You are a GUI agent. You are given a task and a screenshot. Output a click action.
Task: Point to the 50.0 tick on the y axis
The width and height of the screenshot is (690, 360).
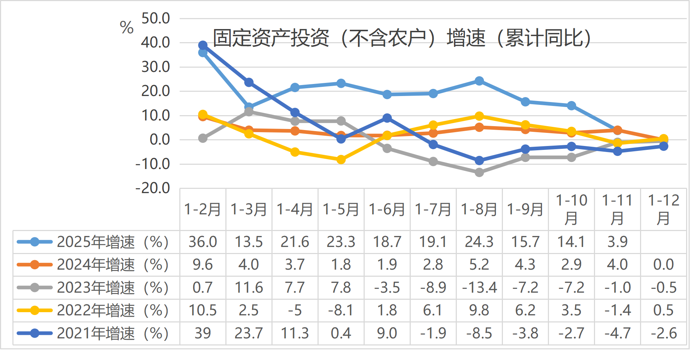[156, 18]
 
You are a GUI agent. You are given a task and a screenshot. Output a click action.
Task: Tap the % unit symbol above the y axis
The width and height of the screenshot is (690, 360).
[127, 27]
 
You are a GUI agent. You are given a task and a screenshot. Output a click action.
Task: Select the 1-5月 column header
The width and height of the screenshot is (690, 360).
[341, 209]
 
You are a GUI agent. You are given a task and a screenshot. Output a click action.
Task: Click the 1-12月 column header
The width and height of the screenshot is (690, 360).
[663, 209]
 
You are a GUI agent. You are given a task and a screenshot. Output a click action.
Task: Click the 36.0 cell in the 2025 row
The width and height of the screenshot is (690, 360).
[203, 242]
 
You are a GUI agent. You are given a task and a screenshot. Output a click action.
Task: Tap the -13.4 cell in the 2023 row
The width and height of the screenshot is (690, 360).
[479, 287]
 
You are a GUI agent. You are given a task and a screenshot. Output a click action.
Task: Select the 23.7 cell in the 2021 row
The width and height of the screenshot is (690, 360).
[249, 333]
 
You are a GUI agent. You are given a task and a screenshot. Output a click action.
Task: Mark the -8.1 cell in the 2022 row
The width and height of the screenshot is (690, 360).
[341, 310]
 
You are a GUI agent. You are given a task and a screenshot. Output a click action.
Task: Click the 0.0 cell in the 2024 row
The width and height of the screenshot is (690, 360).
[663, 265]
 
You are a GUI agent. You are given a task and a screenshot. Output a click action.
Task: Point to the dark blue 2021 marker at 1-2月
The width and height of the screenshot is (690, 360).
[203, 45]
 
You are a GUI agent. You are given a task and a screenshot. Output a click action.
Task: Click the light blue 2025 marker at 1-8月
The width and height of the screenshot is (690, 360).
[479, 81]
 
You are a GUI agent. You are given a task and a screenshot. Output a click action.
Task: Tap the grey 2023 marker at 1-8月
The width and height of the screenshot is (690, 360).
[479, 173]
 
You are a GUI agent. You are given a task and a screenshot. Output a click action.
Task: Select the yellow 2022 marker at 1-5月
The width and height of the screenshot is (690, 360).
[341, 160]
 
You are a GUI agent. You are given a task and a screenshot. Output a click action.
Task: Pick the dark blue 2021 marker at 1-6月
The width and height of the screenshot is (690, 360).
[387, 118]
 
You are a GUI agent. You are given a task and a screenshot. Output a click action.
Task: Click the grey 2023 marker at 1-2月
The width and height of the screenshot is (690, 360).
[203, 138]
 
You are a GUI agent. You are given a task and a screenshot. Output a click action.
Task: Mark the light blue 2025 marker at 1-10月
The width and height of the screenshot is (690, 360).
[571, 106]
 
